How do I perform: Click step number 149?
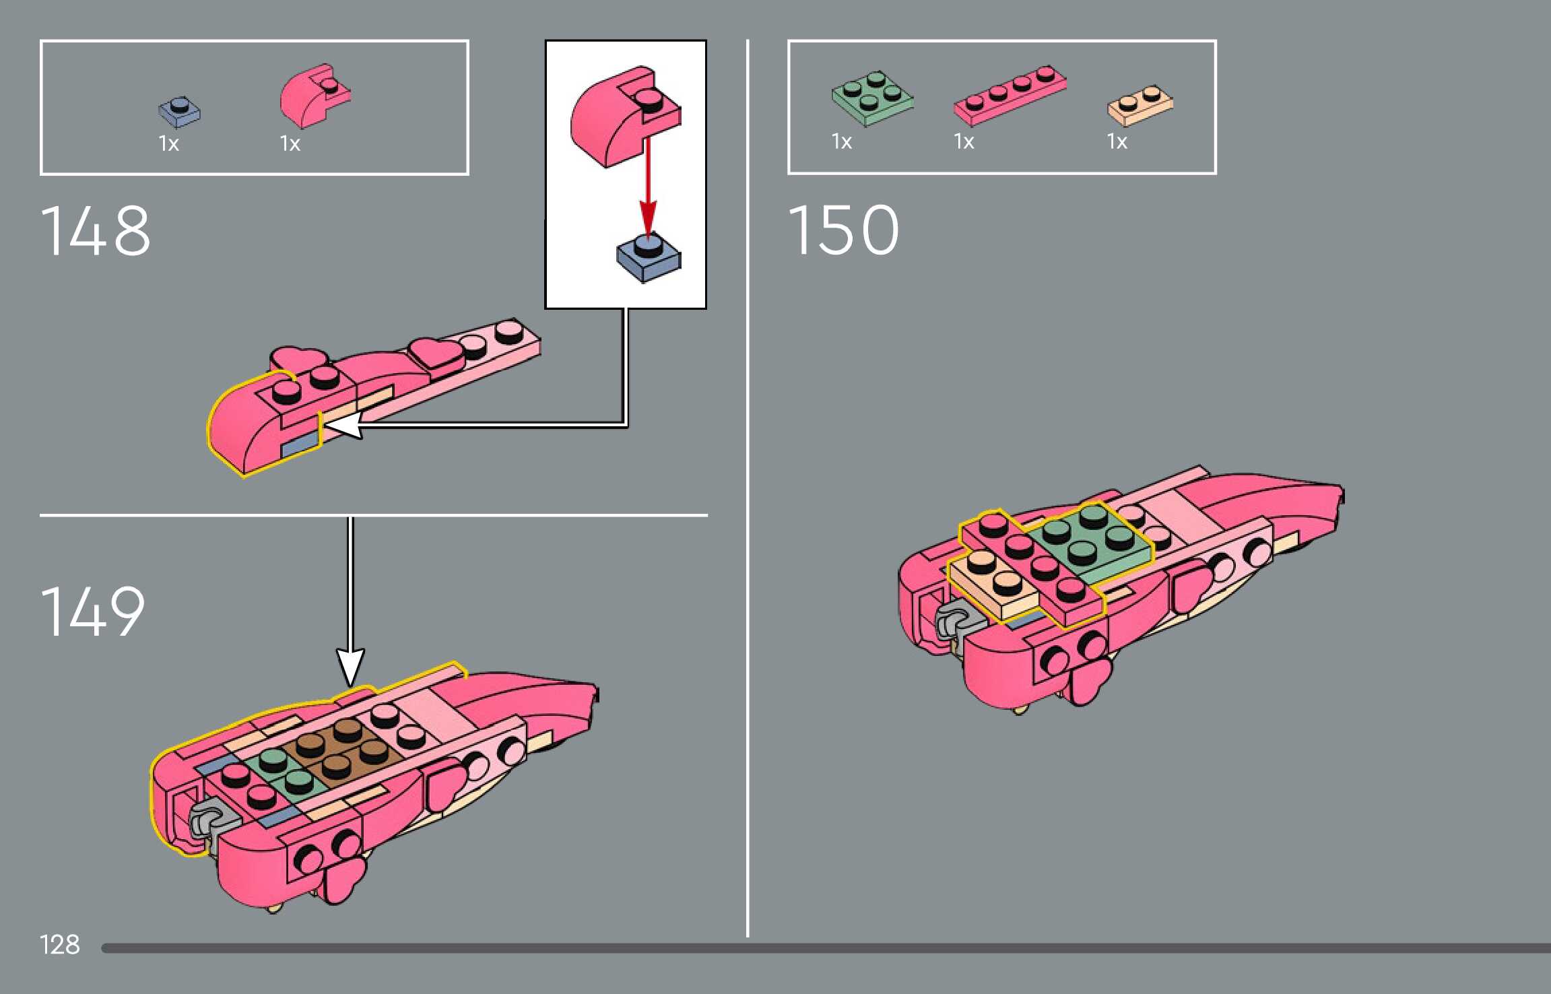click(x=92, y=611)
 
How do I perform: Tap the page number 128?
click(x=59, y=945)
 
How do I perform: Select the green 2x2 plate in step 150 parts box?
click(x=872, y=98)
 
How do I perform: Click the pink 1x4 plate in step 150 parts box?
click(x=1009, y=96)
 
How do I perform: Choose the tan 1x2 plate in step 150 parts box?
click(x=1140, y=106)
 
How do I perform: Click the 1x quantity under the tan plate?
click(x=1117, y=141)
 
